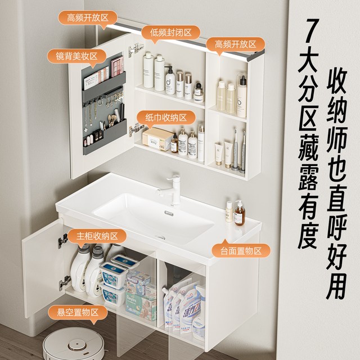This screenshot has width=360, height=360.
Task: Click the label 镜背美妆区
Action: coord(76,56)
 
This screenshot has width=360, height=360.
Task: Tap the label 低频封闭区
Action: coord(171,33)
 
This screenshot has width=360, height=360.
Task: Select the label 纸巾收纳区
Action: coord(166,118)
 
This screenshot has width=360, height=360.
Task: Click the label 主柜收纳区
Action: coord(97,236)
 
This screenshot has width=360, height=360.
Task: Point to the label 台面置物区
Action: coord(241,250)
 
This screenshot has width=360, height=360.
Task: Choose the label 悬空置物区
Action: coord(78,312)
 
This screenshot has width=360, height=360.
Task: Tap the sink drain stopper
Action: coord(169,213)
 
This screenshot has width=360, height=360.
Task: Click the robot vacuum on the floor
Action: coord(74,344)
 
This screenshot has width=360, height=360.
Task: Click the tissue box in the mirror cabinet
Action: coord(157,138)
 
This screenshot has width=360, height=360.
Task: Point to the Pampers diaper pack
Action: coord(141,305)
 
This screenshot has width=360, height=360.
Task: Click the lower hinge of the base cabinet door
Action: coord(64,282)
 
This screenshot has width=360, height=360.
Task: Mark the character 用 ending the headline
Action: coord(336,286)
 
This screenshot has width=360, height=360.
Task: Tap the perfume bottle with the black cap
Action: coord(199,92)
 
